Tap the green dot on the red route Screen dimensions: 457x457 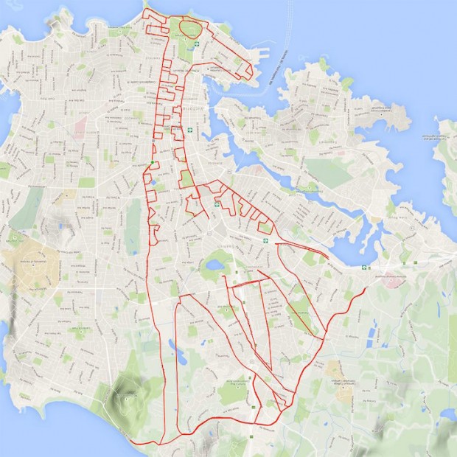(153, 162)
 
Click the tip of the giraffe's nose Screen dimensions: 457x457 (251, 71)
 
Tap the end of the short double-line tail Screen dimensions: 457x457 (327, 257)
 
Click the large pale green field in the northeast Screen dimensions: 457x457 (328, 172)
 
